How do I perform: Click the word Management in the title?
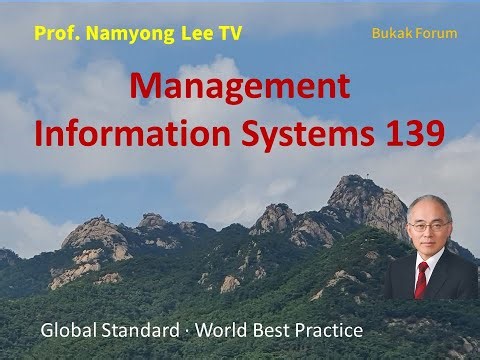240,89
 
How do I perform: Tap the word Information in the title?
114,132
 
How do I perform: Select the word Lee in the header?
190,33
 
